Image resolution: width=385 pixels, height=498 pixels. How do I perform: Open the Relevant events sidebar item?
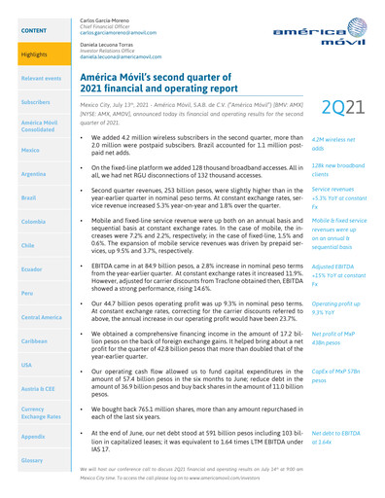[x=32, y=75]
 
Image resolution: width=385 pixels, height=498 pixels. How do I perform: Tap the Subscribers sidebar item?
[x=30, y=101]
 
